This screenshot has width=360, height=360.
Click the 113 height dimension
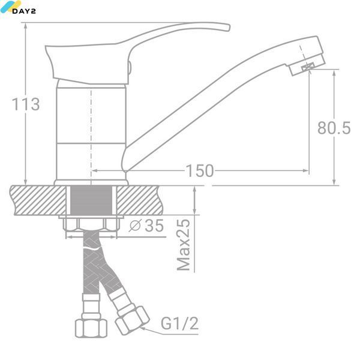coord(26,104)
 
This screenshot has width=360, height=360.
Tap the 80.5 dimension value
coord(334,128)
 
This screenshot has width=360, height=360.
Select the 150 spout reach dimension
coord(200,171)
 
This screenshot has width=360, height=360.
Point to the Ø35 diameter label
coord(146,225)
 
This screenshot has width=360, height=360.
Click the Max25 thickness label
coord(184,245)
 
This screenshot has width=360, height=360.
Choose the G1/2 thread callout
coord(179,323)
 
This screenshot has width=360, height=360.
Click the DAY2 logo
coord(18,8)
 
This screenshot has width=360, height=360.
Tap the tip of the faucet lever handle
coord(229,27)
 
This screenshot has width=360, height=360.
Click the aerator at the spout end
coord(308,67)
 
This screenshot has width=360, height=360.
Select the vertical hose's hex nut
coord(91,328)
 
